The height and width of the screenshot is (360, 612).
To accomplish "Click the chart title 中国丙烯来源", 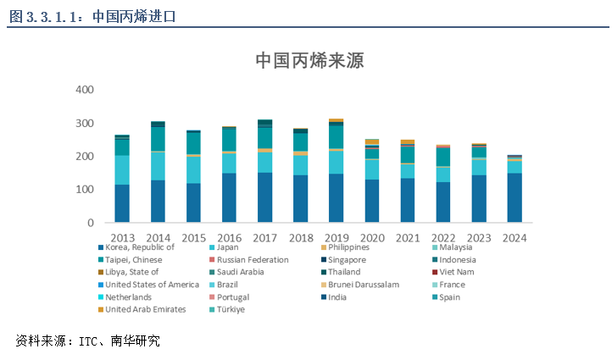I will click(309, 61).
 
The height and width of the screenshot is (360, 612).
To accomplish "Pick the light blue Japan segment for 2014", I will click(158, 165).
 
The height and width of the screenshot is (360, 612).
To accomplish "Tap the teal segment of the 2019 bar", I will click(337, 137).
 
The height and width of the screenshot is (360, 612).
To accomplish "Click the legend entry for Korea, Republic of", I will click(140, 247).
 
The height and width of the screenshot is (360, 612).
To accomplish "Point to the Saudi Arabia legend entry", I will click(241, 272).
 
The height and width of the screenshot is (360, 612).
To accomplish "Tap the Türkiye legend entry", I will click(231, 309).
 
